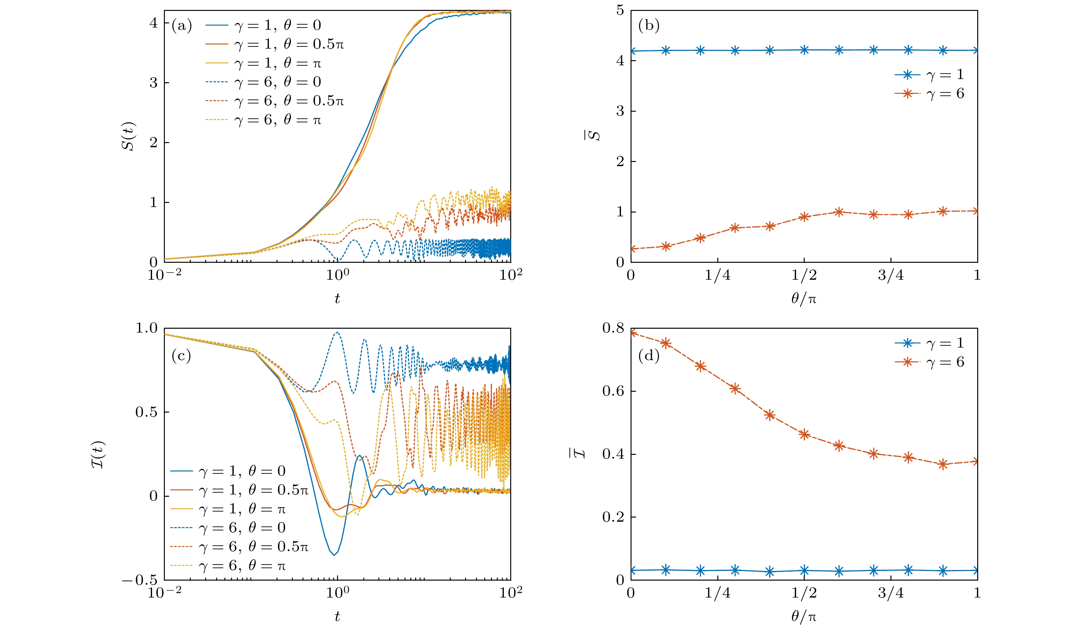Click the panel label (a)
(x=181, y=26)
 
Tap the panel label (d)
(x=648, y=355)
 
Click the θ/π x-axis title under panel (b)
(x=804, y=299)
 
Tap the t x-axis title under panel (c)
(x=337, y=616)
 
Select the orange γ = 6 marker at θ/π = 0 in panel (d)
(x=632, y=333)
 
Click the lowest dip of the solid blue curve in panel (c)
(x=334, y=555)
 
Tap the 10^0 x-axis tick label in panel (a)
(x=337, y=275)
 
